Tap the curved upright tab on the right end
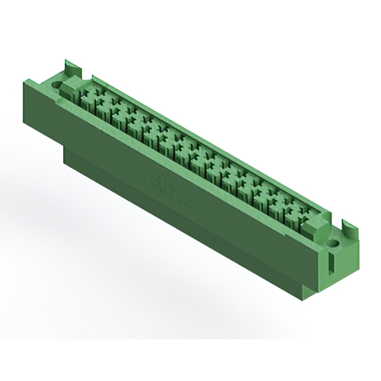tap(349, 227)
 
